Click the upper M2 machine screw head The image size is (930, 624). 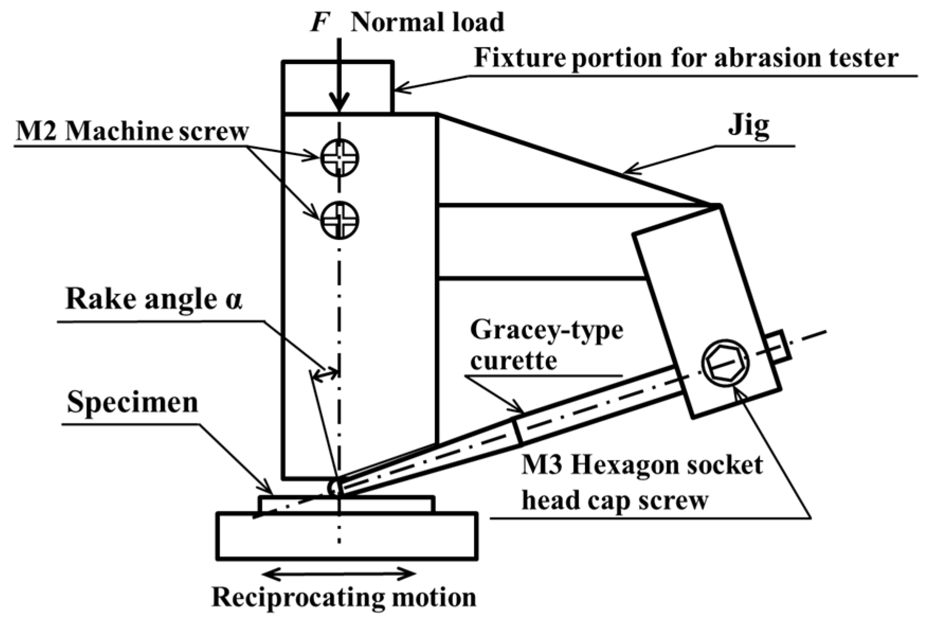340,157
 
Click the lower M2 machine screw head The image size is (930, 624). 340,220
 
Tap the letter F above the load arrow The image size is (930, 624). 318,22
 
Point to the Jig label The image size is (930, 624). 749,127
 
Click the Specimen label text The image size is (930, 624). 132,403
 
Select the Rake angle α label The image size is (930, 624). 153,300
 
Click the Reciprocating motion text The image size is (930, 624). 344,597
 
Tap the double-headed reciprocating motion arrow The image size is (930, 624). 340,573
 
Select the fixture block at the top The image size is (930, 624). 338,87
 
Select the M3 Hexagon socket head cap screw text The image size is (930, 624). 641,483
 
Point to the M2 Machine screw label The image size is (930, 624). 132,131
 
